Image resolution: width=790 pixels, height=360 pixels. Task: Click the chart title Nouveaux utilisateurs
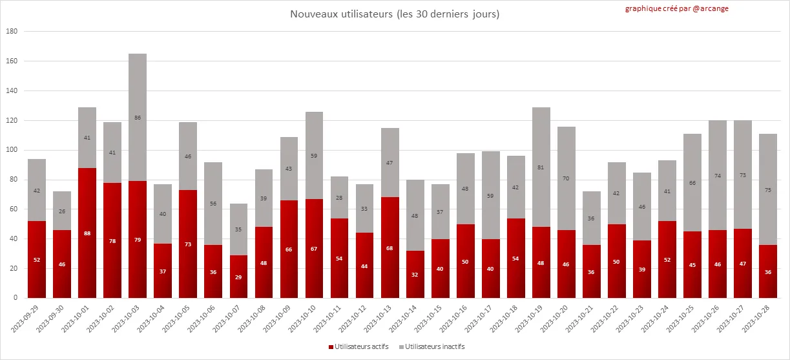click(x=395, y=14)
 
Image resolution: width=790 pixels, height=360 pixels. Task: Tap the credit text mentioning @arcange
click(x=676, y=8)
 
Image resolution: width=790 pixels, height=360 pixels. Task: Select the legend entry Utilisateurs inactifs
click(x=431, y=347)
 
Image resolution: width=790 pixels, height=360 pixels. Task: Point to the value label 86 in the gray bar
click(x=138, y=118)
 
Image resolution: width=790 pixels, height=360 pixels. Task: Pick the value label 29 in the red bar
click(x=239, y=277)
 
